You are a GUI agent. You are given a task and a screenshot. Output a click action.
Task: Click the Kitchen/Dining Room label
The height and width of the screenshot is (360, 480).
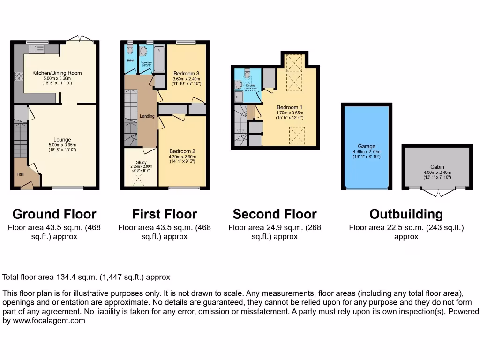point(57,73)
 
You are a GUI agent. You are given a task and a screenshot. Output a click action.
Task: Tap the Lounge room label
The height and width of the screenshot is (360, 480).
point(62,140)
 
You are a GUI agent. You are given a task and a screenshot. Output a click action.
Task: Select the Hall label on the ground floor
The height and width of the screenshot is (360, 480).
point(20,174)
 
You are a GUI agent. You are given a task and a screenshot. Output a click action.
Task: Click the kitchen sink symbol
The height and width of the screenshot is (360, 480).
point(36,49)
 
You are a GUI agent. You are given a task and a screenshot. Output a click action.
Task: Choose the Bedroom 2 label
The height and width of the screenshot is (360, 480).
point(182,151)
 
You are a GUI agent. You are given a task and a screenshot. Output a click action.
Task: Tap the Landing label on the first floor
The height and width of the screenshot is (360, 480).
point(147,116)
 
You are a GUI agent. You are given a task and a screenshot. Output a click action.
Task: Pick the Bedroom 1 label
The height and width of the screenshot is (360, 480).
point(289,107)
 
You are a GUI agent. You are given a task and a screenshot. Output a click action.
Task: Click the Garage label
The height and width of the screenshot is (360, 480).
point(367,146)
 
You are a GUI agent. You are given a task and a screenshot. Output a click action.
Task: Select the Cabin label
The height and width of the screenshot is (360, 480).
point(437,167)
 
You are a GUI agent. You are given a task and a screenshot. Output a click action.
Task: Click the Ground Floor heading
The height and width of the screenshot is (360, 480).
point(54,214)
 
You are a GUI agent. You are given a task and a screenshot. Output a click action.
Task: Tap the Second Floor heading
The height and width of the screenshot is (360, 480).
point(275,214)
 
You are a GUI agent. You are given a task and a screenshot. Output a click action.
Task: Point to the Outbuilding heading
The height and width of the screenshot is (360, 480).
point(406,214)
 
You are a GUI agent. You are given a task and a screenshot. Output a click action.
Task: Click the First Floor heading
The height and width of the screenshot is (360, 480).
point(165,214)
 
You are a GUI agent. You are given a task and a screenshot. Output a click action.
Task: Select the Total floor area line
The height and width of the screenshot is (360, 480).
point(86,277)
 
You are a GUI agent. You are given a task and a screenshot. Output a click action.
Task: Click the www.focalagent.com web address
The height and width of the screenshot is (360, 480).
point(45,321)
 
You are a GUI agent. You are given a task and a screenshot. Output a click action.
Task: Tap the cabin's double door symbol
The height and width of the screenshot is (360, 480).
point(438,193)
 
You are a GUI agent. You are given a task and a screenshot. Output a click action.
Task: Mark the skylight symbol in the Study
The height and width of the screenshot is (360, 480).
point(139,179)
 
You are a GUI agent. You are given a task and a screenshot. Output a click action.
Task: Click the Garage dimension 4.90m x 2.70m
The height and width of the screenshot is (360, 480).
point(367,151)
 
